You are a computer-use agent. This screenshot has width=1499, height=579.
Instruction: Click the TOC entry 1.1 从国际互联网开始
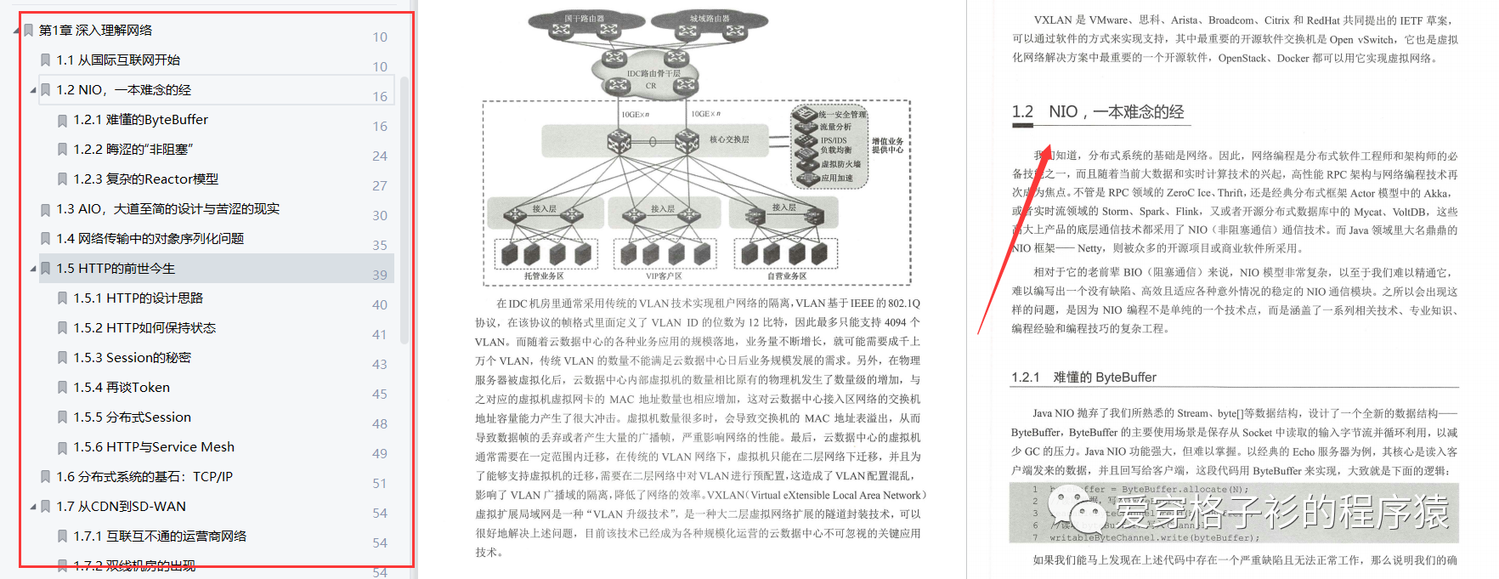(x=118, y=60)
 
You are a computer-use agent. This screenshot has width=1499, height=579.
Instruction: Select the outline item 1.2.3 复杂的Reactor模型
(x=145, y=179)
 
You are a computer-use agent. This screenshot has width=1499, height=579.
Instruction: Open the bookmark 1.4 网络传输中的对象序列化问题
(x=150, y=239)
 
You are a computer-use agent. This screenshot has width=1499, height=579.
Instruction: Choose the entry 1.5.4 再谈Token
(x=122, y=388)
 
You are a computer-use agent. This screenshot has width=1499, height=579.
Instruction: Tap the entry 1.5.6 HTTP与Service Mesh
(x=154, y=447)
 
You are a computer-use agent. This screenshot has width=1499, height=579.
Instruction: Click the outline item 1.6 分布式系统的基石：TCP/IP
(x=144, y=477)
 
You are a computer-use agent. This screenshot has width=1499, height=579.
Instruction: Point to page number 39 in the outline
(x=380, y=275)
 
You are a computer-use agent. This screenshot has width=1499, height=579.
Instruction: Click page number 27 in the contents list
(x=380, y=185)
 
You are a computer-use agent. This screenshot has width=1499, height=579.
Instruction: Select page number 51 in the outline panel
(x=380, y=483)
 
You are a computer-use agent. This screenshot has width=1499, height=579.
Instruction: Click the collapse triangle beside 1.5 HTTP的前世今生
(x=33, y=269)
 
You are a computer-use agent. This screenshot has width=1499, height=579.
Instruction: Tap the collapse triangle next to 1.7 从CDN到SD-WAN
(x=33, y=507)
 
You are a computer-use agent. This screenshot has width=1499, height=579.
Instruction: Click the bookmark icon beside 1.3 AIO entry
(x=46, y=209)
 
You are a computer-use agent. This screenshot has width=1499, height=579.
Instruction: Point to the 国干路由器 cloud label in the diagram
(x=584, y=18)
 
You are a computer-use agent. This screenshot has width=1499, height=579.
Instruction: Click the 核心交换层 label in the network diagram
(x=729, y=139)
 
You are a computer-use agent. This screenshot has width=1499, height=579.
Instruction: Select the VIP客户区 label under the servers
(x=663, y=275)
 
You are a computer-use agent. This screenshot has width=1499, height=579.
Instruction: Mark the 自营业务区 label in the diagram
(x=786, y=275)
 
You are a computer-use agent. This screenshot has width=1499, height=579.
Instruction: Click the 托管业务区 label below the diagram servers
(x=544, y=275)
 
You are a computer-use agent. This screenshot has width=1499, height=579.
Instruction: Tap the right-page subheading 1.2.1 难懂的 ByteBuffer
(x=1083, y=377)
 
